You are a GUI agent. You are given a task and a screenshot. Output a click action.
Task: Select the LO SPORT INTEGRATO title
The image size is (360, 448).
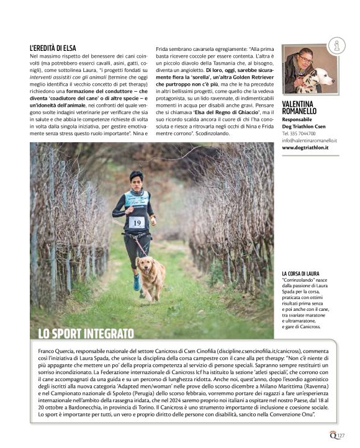point(86,333)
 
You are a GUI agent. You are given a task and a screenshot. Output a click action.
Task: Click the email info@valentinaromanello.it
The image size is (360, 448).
point(309,141)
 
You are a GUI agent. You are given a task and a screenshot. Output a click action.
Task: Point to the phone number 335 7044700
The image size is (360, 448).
point(302,133)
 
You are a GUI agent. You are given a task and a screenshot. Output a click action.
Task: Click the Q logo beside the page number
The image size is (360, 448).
point(332,436)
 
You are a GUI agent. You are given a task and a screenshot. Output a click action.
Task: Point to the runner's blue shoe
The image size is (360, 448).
point(136,284)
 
